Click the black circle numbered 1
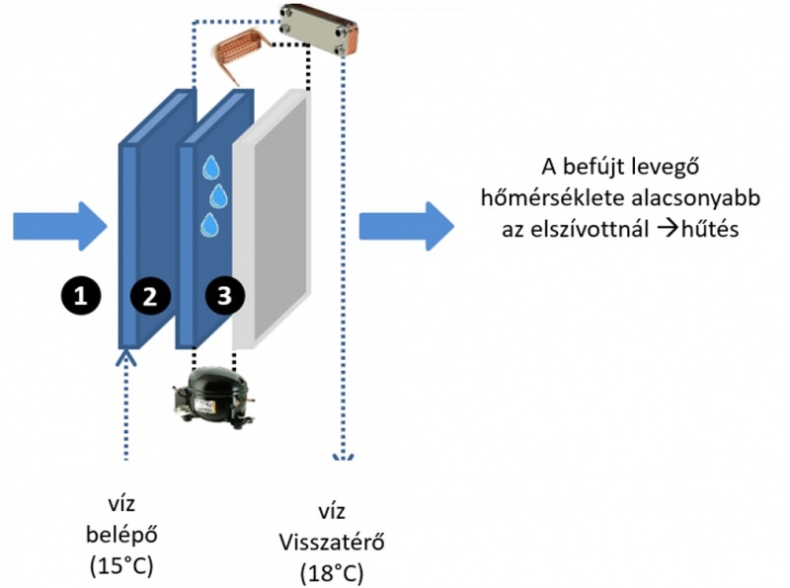point(80,292)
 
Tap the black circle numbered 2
point(150,293)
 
